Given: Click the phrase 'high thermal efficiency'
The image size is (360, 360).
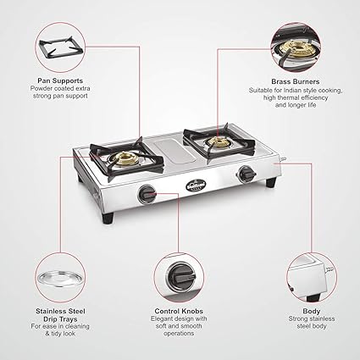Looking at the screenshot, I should coord(295,98).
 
